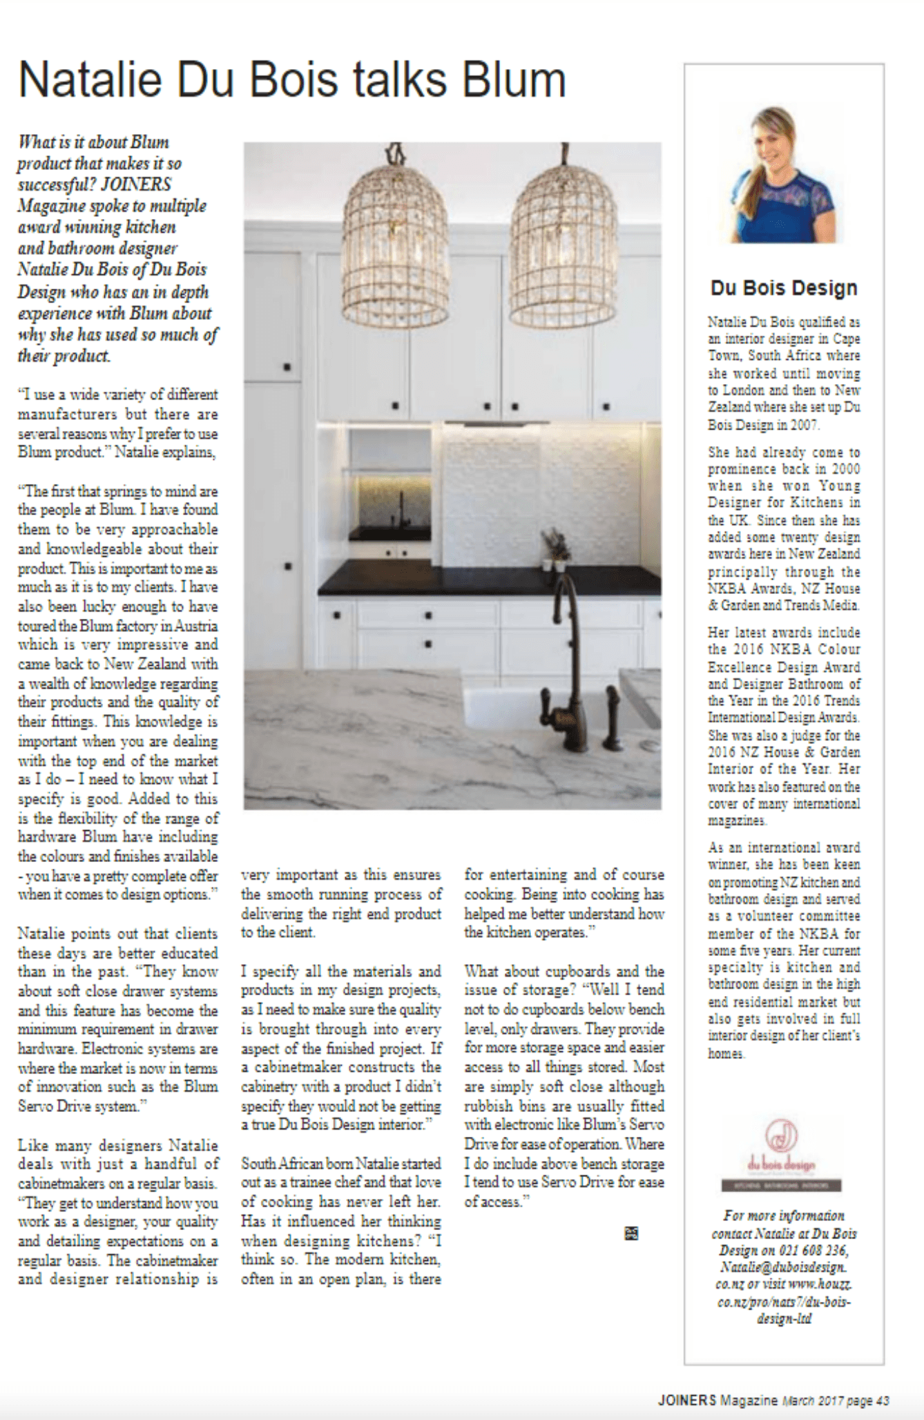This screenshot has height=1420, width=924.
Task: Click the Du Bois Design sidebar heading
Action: pos(784,287)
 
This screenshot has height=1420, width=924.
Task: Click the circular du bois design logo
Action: pos(782,1134)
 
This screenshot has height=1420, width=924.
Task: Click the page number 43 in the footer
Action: pos(882,1401)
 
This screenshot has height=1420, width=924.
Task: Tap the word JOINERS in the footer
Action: pos(687,1401)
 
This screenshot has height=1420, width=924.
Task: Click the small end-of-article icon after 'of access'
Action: pos(631,1233)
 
